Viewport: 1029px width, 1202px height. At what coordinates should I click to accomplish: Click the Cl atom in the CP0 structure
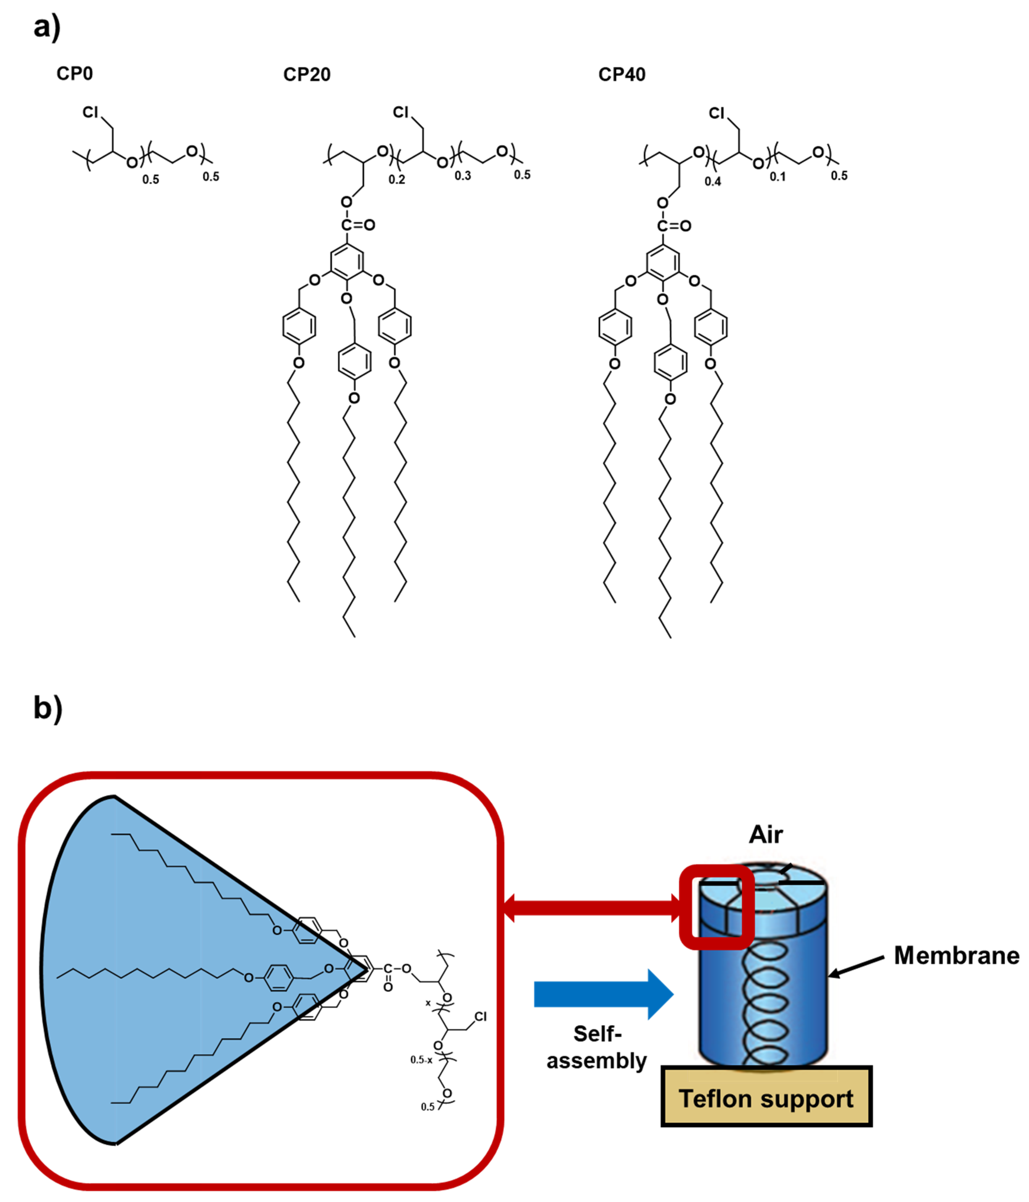(90, 112)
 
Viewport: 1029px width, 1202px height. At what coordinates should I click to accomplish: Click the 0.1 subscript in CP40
(777, 176)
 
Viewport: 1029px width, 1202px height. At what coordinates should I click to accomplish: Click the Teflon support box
(766, 1099)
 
